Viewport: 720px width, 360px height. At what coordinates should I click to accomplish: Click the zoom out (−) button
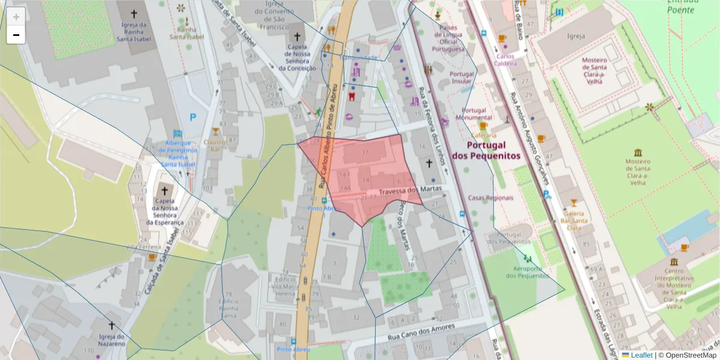pyautogui.click(x=16, y=35)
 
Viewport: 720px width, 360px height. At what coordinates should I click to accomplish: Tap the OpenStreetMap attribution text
pyautogui.click(x=691, y=355)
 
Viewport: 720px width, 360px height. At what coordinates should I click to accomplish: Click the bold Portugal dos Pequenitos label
pyautogui.click(x=485, y=150)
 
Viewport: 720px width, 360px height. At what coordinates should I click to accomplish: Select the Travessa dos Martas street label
pyautogui.click(x=410, y=191)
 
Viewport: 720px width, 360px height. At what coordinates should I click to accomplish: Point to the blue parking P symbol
pyautogui.click(x=193, y=118)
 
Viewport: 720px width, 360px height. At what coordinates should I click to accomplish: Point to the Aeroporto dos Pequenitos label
pyautogui.click(x=527, y=272)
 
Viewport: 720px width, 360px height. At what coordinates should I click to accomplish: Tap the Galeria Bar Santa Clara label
pyautogui.click(x=574, y=220)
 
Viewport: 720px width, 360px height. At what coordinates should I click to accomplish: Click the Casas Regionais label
pyautogui.click(x=491, y=197)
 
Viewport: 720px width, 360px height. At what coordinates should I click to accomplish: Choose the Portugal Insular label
pyautogui.click(x=462, y=77)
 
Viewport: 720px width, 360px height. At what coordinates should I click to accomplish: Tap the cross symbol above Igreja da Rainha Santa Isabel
pyautogui.click(x=133, y=13)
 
